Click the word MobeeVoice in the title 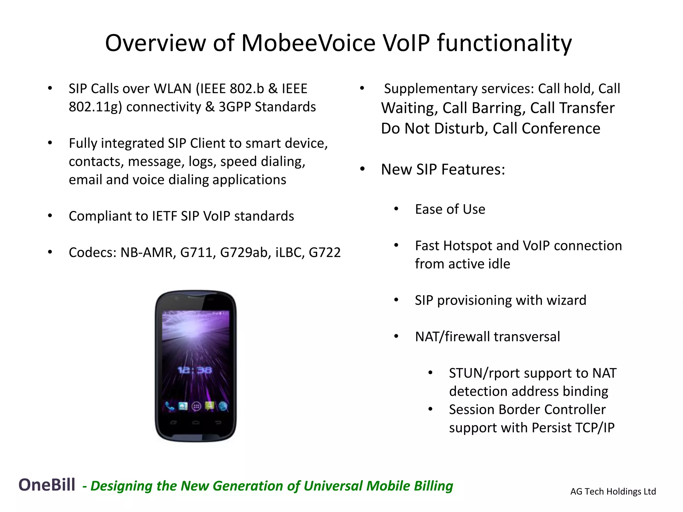point(308,43)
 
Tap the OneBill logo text point(47,485)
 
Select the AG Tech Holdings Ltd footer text point(613,491)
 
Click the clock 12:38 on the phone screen point(195,370)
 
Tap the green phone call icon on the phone point(170,406)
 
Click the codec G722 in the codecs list point(324,252)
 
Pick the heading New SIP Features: point(443,169)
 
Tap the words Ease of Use point(450,209)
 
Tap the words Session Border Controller point(527,409)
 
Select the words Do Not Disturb point(433,128)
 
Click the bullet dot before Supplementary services point(362,89)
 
